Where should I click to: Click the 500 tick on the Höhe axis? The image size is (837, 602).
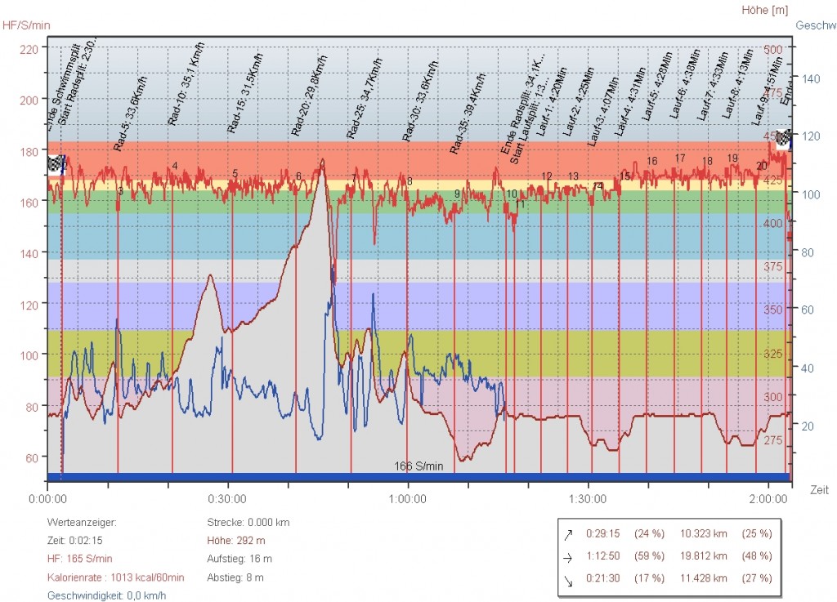pyautogui.click(x=772, y=49)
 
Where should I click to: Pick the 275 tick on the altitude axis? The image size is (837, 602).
pyautogui.click(x=772, y=440)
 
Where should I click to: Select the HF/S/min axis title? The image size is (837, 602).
pyautogui.click(x=26, y=25)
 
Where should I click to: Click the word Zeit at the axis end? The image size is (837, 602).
pyautogui.click(x=819, y=490)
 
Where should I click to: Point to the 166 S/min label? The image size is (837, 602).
pyautogui.click(x=418, y=466)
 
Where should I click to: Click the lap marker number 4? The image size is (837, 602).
pyautogui.click(x=175, y=167)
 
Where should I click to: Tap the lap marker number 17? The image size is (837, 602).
pyautogui.click(x=680, y=158)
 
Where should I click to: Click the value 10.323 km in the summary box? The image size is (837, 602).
pyautogui.click(x=703, y=533)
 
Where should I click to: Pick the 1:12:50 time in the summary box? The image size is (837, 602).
pyautogui.click(x=603, y=555)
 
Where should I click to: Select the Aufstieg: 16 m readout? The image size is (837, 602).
pyautogui.click(x=240, y=559)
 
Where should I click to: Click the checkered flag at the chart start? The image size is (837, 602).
pyautogui.click(x=56, y=163)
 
